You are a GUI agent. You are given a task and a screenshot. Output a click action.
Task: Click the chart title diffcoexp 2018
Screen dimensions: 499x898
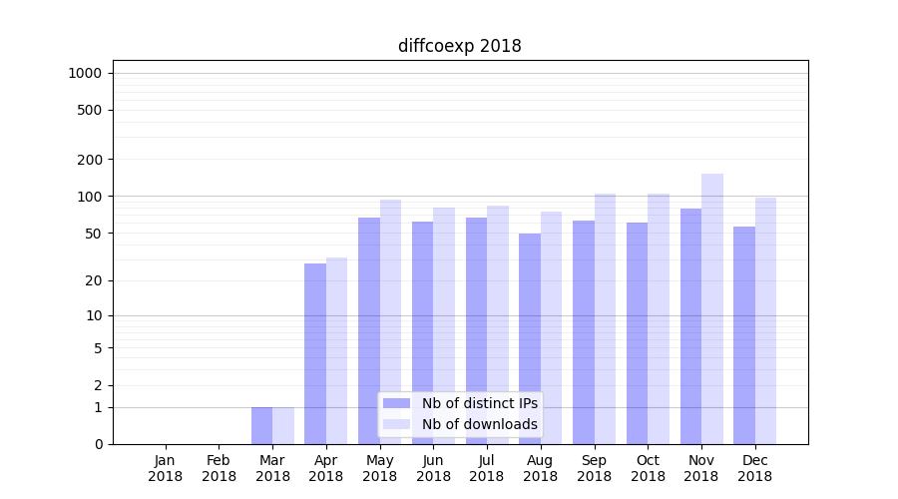459,46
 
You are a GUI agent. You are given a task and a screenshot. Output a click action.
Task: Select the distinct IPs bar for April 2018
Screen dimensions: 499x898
315,353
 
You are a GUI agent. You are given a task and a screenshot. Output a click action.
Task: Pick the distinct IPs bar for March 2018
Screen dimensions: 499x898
261,425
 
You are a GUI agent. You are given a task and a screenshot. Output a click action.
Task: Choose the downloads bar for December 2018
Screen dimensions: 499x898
765,320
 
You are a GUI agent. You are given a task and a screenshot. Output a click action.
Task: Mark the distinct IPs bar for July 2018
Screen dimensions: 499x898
476,330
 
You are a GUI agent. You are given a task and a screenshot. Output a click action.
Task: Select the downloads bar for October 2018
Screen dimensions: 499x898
659,318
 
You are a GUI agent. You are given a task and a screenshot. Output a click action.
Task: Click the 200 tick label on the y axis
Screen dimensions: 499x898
90,160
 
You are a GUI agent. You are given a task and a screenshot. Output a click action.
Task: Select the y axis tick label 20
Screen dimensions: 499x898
94,280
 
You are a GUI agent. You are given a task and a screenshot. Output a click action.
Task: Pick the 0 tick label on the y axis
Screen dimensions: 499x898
98,444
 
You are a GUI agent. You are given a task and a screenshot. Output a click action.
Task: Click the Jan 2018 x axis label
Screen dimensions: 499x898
166,468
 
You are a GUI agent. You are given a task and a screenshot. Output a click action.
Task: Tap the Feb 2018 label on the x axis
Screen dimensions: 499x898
219,468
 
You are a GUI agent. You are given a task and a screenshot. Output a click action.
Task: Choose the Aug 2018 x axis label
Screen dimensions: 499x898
540,468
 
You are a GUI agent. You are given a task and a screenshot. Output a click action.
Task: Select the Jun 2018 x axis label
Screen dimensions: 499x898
433,468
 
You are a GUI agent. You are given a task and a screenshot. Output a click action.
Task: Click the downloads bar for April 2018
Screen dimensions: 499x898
337,350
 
